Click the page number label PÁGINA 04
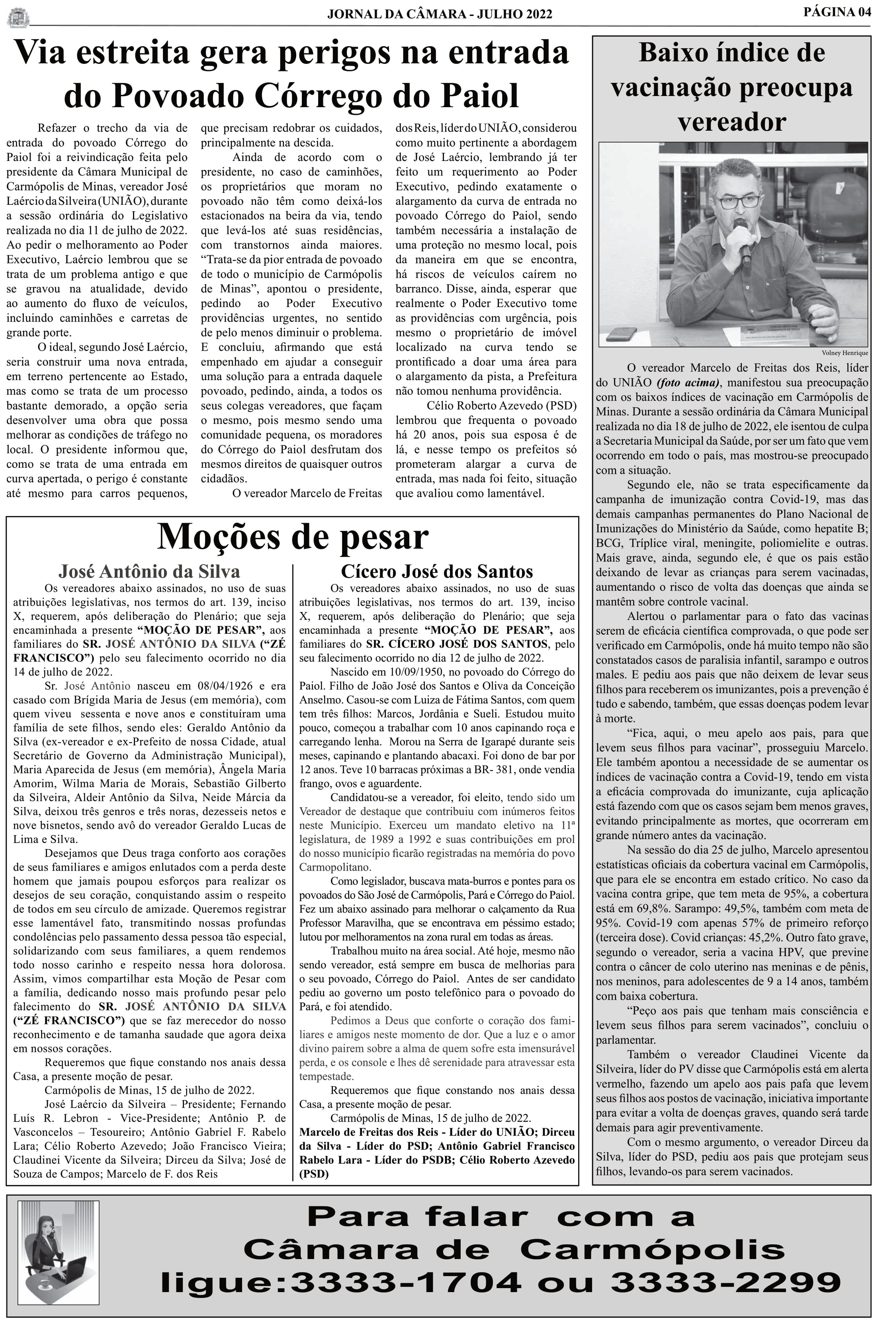[837, 12]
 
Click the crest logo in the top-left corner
[18, 17]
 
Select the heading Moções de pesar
[292, 537]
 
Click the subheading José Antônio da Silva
[149, 571]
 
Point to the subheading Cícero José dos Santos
[437, 571]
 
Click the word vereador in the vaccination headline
[731, 122]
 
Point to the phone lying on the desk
[622, 333]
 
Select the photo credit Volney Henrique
[845, 353]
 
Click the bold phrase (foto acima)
[688, 382]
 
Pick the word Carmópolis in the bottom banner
[652, 1249]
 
